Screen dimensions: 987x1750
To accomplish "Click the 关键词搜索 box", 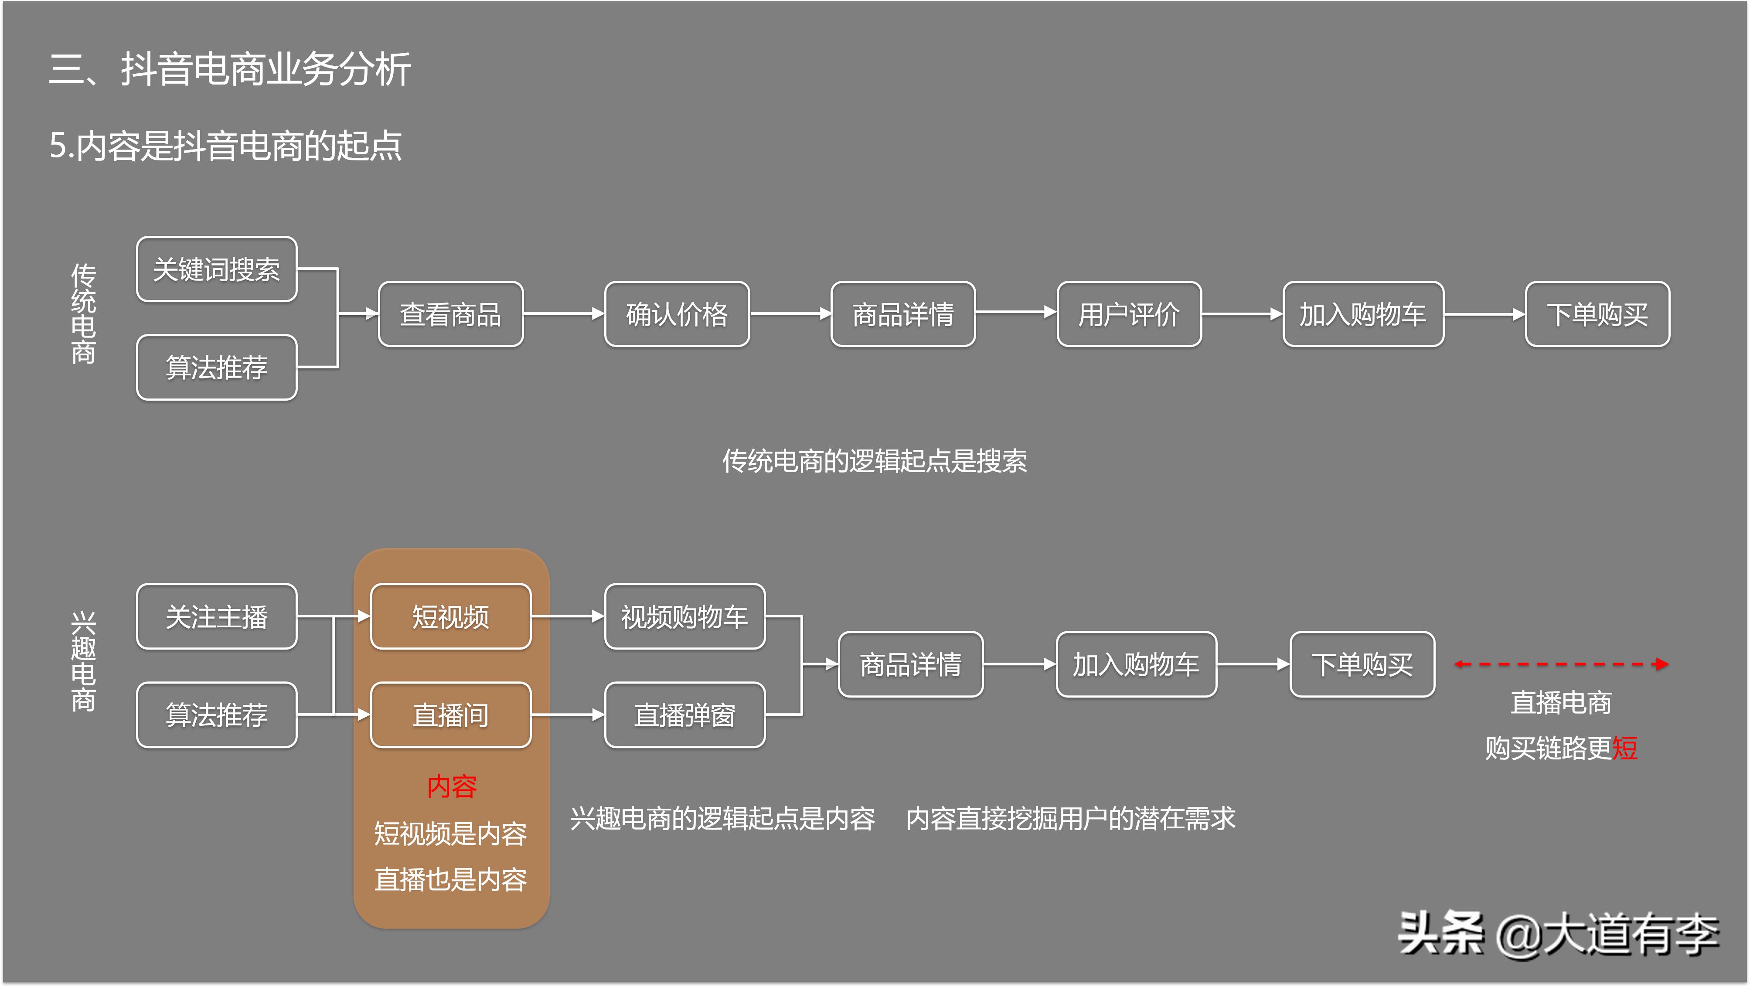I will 216,269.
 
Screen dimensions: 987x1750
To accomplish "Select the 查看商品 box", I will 450,314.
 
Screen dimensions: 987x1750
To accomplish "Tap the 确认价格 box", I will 677,314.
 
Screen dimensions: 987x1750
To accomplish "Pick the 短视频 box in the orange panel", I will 450,616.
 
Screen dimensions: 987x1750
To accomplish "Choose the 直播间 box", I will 450,715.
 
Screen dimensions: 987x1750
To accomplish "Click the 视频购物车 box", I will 684,616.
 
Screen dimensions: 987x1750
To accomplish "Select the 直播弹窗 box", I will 684,715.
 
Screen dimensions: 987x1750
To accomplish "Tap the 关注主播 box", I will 216,616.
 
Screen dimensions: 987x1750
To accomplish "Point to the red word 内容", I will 452,786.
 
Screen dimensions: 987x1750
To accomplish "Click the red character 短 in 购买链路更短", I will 1624,748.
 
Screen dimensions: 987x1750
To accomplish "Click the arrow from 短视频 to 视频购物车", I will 567,616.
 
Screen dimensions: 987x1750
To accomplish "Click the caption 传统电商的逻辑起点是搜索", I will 874,460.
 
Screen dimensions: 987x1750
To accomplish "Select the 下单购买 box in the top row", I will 1597,314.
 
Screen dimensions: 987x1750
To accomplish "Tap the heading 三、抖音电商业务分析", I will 230,69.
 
